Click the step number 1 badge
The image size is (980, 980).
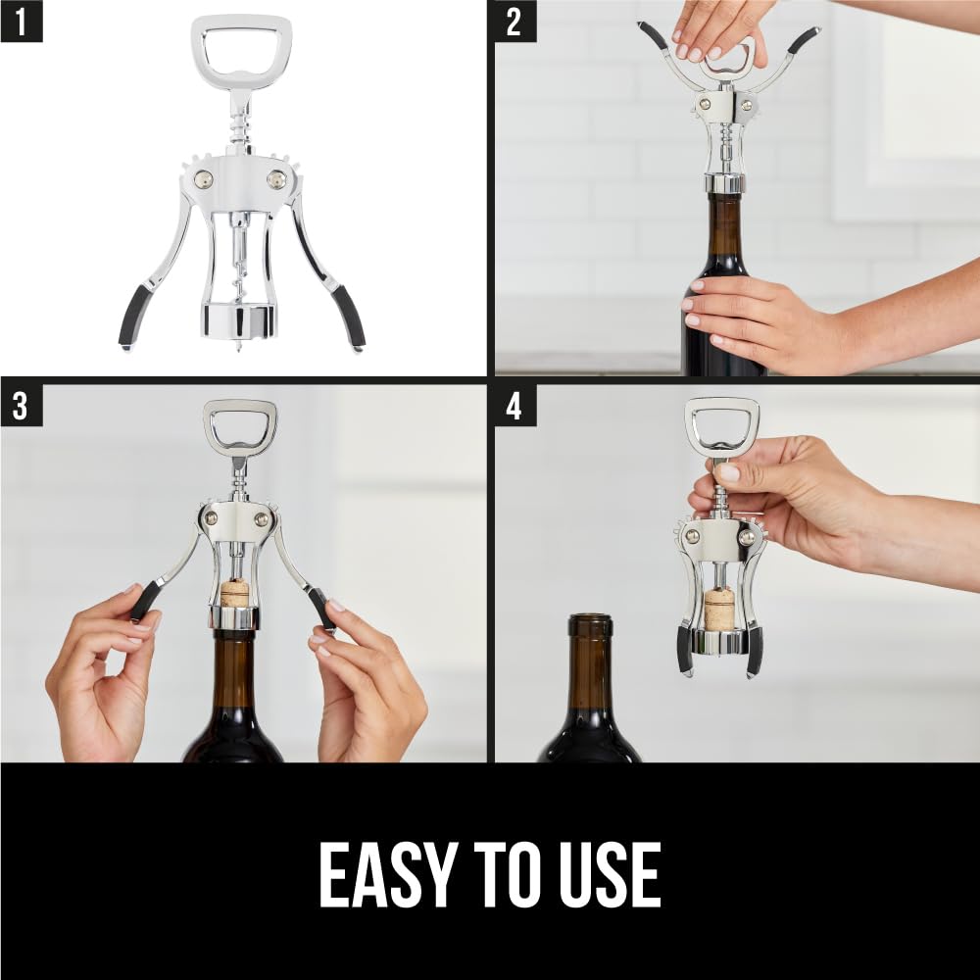pos(21,22)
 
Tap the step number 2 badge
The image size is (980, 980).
pos(514,22)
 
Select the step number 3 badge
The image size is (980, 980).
pos(21,405)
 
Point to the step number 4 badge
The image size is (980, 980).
pos(514,405)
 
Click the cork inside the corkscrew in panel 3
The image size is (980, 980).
pos(233,592)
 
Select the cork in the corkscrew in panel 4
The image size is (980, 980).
pos(719,608)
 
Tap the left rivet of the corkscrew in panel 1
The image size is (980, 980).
pos(203,179)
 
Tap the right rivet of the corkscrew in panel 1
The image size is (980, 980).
pos(277,179)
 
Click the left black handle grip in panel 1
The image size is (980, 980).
pos(135,316)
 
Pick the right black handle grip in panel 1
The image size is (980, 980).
pos(348,316)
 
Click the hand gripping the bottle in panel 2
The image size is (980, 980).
pos(755,323)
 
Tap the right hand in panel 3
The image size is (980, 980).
pos(367,686)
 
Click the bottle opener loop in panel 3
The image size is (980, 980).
pos(240,426)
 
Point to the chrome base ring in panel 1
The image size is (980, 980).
pos(239,319)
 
